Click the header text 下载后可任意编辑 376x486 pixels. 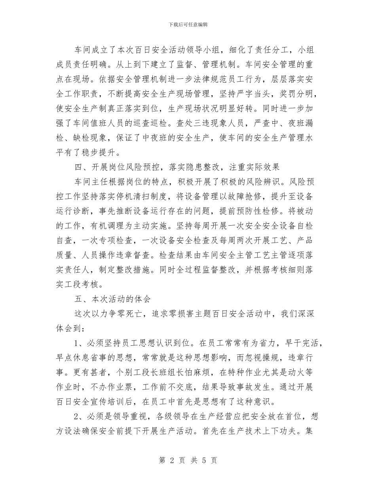pyautogui.click(x=188, y=24)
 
